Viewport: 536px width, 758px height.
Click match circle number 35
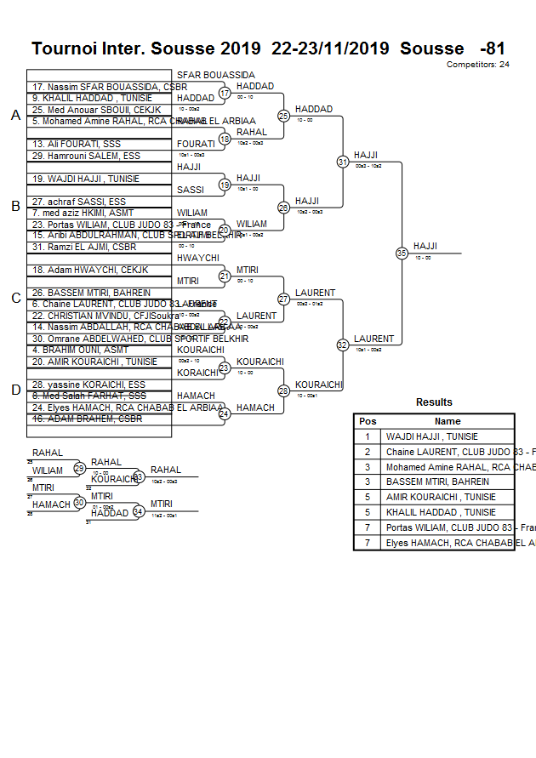[402, 253]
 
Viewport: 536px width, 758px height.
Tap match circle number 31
[343, 161]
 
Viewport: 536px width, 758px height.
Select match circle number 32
[343, 345]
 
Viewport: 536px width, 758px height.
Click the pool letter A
[15, 116]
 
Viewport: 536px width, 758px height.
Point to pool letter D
[15, 390]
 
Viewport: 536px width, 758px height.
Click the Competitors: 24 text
[477, 65]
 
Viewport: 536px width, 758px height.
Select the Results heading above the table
[434, 402]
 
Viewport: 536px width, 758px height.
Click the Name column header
[448, 421]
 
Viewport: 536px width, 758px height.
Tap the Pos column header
[368, 421]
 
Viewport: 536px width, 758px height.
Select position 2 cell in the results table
[368, 452]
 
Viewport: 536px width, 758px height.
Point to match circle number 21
[225, 276]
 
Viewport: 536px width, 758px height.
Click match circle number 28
[284, 390]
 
